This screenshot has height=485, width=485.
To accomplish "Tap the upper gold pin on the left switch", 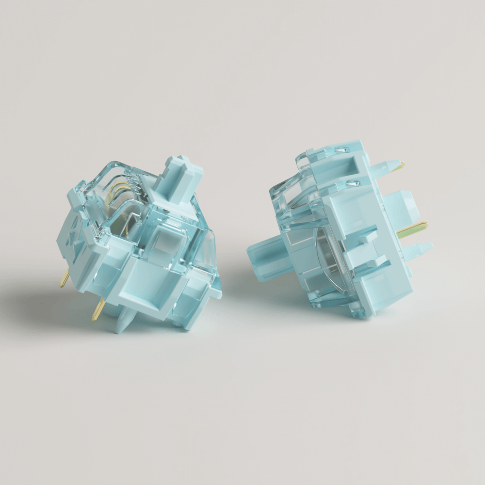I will [x=64, y=278].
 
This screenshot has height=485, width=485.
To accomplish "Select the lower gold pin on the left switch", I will [x=97, y=308].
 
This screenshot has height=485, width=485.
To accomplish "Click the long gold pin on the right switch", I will [x=412, y=228].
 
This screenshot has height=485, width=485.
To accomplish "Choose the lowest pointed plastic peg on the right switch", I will [x=420, y=249].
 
